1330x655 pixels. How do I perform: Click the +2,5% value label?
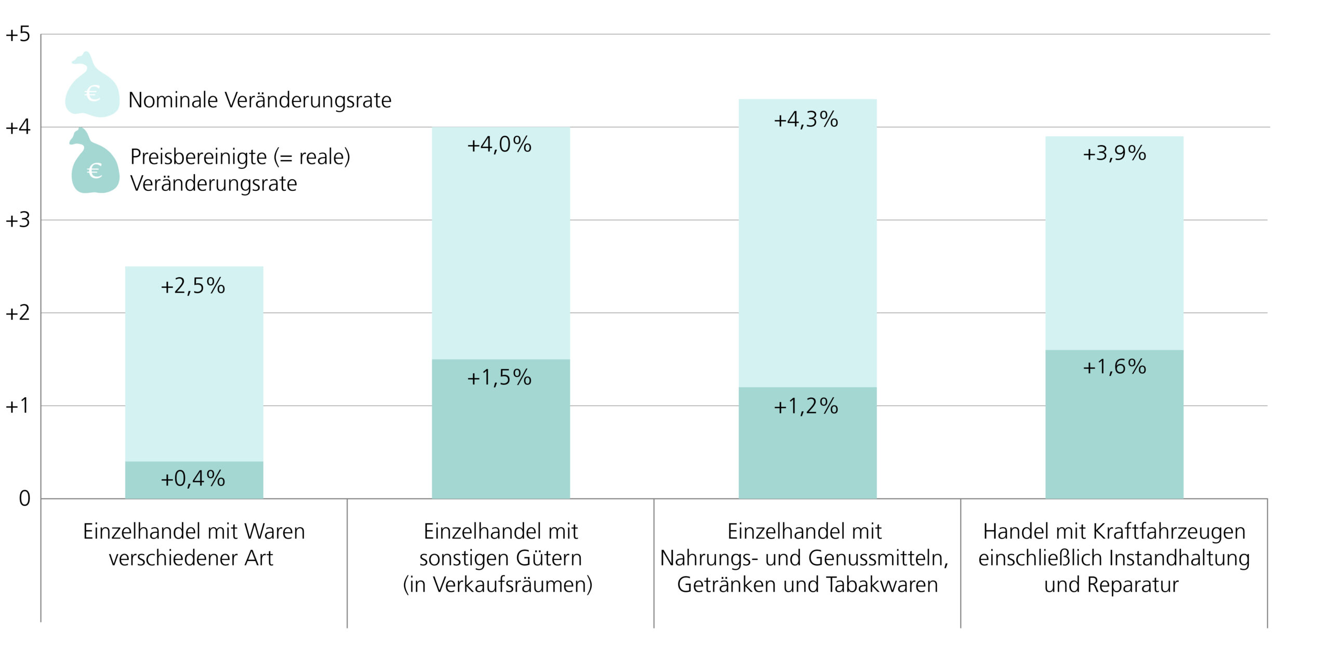[193, 286]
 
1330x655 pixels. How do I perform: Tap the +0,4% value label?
[193, 478]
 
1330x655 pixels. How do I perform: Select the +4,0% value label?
[499, 145]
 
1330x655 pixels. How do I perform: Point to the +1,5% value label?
[499, 377]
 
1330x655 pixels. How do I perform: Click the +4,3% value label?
[806, 120]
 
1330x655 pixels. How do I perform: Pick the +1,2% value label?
[806, 406]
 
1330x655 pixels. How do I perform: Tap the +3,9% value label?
[1114, 153]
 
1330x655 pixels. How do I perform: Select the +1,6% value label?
[1114, 367]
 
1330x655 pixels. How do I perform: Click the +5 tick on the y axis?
[18, 35]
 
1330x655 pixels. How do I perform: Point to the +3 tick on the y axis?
[18, 220]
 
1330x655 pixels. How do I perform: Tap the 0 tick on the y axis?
[24, 499]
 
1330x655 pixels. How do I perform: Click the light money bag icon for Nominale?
[91, 88]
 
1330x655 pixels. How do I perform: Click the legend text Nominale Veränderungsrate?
[260, 100]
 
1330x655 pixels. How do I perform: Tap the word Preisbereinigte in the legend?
[198, 156]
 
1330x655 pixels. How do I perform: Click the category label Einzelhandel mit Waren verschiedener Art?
[193, 544]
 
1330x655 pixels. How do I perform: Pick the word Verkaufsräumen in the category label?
[512, 585]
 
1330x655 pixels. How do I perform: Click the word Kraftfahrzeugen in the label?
[1169, 532]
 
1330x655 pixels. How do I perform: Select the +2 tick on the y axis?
[18, 313]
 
